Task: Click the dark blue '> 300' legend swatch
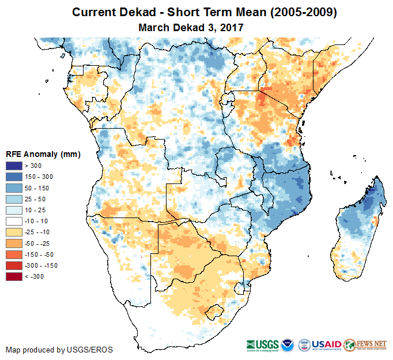[x=14, y=166]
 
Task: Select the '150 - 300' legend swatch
[x=14, y=177]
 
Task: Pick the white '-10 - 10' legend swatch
[x=14, y=221]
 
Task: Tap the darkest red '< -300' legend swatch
[x=14, y=276]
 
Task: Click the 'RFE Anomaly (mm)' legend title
[x=43, y=155]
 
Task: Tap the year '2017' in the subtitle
[x=232, y=27]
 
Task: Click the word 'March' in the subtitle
[x=154, y=27]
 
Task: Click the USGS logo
[x=263, y=344]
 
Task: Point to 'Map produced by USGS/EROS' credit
[x=59, y=350]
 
